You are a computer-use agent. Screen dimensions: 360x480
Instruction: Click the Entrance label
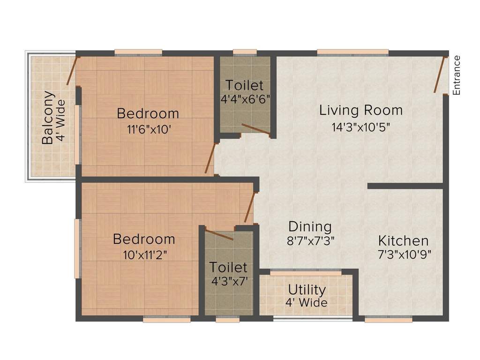(457, 75)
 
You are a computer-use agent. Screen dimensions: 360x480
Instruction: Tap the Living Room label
(361, 111)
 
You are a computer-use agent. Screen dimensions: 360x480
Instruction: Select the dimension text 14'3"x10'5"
(361, 127)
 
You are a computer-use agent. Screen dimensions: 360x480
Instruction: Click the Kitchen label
(403, 241)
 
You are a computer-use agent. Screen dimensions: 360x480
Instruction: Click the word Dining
(310, 227)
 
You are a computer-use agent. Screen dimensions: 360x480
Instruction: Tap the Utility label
(307, 289)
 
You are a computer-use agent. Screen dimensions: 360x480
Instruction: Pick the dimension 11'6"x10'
(148, 129)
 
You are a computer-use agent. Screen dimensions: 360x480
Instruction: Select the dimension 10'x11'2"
(144, 255)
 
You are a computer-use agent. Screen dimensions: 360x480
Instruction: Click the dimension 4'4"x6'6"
(245, 99)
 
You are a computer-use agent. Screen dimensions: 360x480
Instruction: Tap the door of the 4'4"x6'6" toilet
(255, 130)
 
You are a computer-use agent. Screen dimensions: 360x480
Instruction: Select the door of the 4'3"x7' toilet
(219, 235)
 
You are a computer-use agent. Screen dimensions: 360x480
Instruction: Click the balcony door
(73, 71)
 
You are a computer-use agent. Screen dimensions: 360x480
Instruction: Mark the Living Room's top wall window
(352, 52)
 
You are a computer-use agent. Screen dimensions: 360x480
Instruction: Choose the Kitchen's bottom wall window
(388, 319)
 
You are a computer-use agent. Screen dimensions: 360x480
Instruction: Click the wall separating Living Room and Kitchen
(405, 186)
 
